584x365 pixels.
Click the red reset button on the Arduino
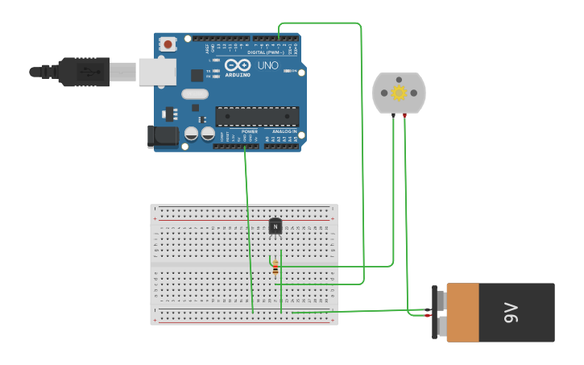pyautogui.click(x=168, y=44)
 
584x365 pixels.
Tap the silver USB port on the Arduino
pyautogui.click(x=157, y=72)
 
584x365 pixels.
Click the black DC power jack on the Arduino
pyautogui.click(x=164, y=136)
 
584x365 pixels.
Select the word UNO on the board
pyautogui.click(x=267, y=65)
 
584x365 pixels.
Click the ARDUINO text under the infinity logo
pyautogui.click(x=238, y=75)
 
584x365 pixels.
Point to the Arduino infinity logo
pyautogui.click(x=238, y=64)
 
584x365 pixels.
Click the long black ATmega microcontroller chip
pyautogui.click(x=257, y=116)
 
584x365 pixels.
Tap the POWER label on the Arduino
pyautogui.click(x=250, y=131)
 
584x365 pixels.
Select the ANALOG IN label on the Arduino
pyautogui.click(x=284, y=131)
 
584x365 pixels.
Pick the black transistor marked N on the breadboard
pyautogui.click(x=275, y=226)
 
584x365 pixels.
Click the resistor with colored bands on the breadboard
pyautogui.click(x=275, y=268)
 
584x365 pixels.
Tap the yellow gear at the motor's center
pyautogui.click(x=399, y=93)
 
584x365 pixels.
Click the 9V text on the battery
pyautogui.click(x=511, y=312)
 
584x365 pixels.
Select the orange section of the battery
pyautogui.click(x=463, y=312)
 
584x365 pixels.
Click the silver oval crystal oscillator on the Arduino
pyautogui.click(x=195, y=94)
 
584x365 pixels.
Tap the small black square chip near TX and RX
pyautogui.click(x=197, y=76)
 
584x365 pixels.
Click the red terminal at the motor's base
pyautogui.click(x=404, y=116)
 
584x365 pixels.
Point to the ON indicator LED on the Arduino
pyautogui.click(x=288, y=71)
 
